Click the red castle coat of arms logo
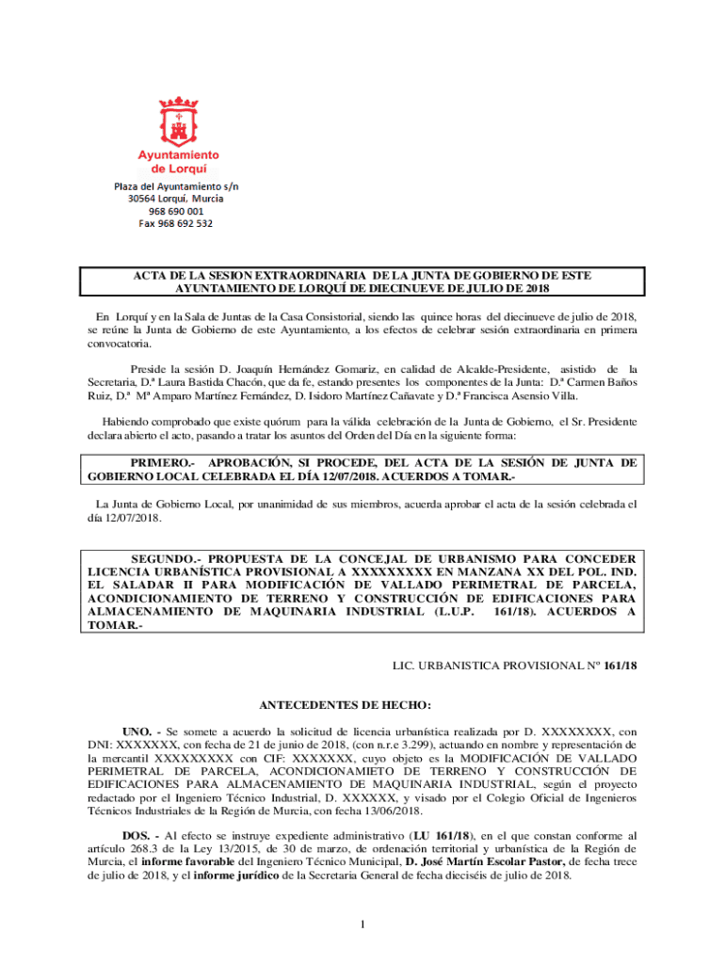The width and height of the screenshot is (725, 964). point(178,118)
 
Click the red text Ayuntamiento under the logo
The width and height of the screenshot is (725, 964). point(179,154)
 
